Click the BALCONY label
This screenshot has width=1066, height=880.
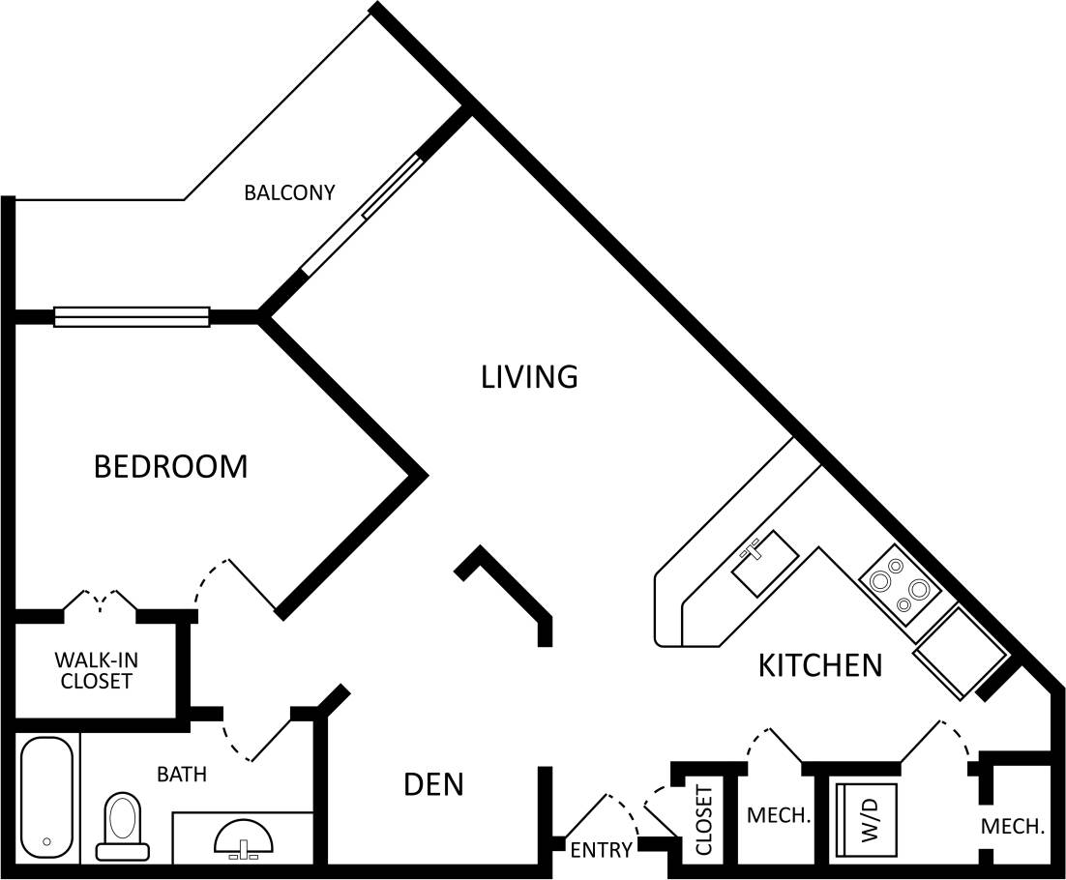(288, 192)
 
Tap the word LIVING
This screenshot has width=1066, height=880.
(529, 376)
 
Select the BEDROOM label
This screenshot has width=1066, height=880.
(170, 466)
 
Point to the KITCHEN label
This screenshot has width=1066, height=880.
(819, 665)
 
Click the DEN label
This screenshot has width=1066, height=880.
(433, 784)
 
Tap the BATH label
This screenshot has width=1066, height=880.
(182, 774)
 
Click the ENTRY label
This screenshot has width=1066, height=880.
(601, 850)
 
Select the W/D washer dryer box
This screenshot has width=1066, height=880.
(867, 819)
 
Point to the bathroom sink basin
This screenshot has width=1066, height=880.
(244, 836)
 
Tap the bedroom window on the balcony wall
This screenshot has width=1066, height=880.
(132, 316)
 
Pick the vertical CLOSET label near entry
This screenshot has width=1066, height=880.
(704, 820)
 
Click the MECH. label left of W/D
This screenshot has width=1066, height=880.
(778, 816)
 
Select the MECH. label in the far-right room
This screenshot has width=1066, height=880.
(1013, 827)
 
